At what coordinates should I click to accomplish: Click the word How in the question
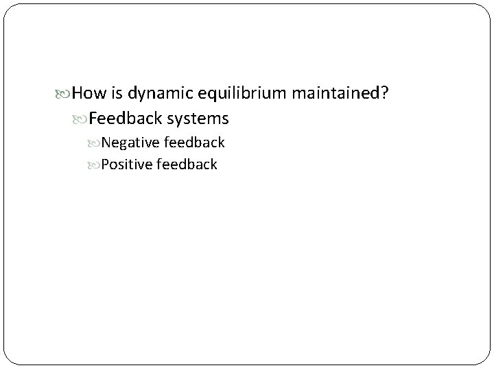pos(86,92)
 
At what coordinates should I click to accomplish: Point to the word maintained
pos(334,92)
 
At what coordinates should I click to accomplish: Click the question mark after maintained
pos(387,92)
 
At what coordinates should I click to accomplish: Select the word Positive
pos(126,164)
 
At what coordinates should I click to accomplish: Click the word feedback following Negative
pos(193,143)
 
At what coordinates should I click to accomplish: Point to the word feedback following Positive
pos(187,164)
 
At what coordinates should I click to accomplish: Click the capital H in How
pos(77,92)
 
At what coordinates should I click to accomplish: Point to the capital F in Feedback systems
pos(93,119)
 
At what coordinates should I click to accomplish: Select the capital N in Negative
pos(106,143)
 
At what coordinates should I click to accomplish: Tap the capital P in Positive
pos(105,164)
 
